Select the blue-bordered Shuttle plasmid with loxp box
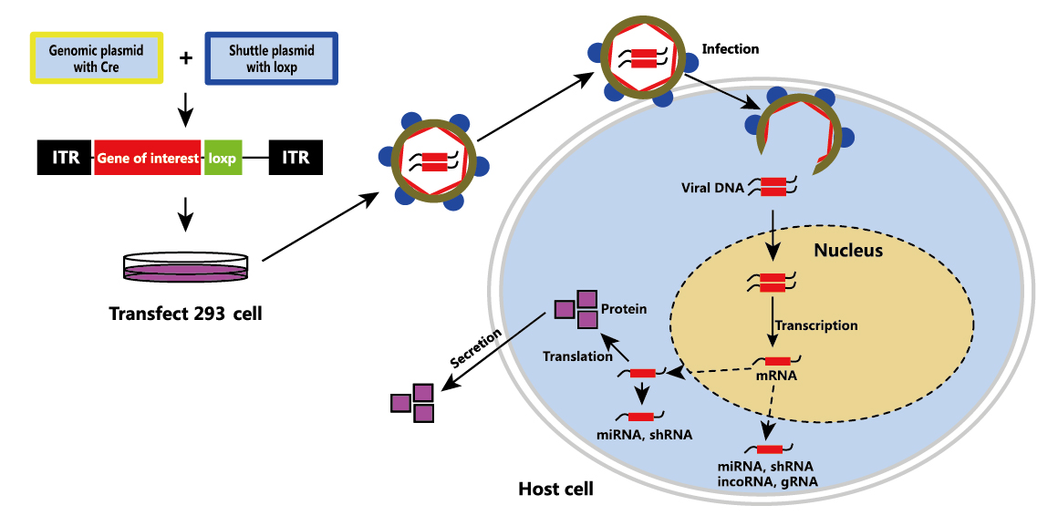click(271, 58)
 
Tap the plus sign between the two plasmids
click(185, 58)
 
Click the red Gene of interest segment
click(148, 158)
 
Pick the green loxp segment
click(222, 158)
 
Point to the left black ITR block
click(63, 158)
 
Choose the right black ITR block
click(296, 158)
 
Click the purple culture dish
click(185, 266)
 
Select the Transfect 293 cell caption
click(185, 314)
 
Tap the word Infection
click(730, 49)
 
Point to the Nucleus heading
click(848, 250)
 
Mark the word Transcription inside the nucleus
click(815, 325)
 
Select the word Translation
click(577, 356)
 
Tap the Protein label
click(624, 309)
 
